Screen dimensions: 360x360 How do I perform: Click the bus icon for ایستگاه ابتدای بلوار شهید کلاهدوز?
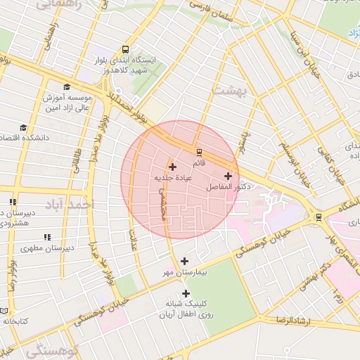coord(125,49)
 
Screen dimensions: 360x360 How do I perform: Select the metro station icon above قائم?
coord(200,151)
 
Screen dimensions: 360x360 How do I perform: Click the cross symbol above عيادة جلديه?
coord(172,167)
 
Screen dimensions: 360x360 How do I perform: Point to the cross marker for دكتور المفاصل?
coord(228,176)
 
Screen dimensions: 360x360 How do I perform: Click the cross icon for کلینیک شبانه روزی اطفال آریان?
coord(186,293)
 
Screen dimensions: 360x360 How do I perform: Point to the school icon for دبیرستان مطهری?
coord(48,238)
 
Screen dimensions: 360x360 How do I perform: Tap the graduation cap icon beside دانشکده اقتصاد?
coord(23,127)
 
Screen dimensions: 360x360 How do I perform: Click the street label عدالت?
coord(134,228)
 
